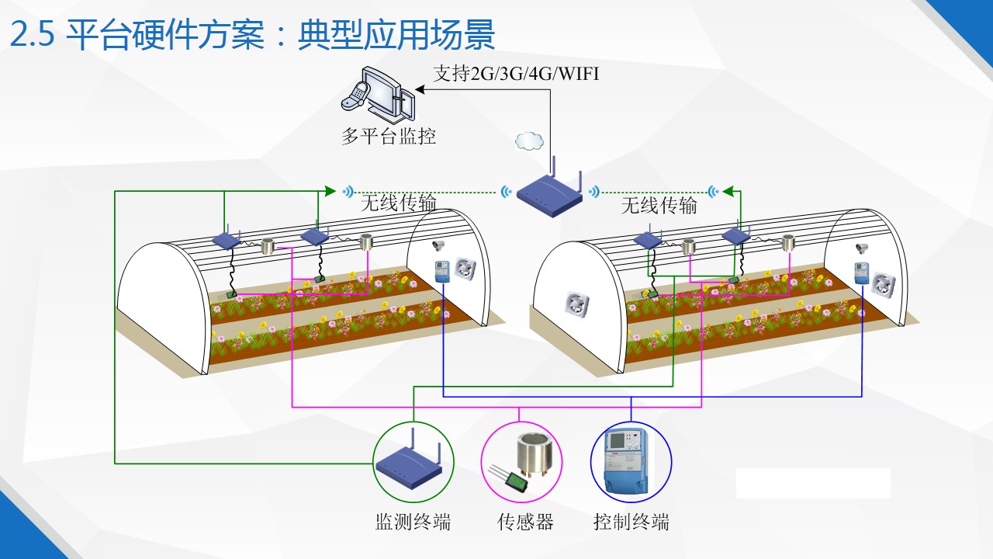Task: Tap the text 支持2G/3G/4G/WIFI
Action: pos(516,75)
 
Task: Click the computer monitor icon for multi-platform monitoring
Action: pos(377,95)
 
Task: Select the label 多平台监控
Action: pos(389,137)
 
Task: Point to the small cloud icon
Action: pos(529,141)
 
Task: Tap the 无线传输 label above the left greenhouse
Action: pos(398,204)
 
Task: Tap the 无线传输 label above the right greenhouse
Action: pos(659,205)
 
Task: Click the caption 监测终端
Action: pos(413,522)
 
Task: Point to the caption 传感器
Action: pos(525,522)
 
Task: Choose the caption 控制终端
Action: pos(631,522)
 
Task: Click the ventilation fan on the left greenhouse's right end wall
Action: pos(464,269)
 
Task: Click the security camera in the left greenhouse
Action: pos(439,245)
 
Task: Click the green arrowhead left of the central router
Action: pos(330,190)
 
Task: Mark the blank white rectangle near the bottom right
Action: pos(812,483)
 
